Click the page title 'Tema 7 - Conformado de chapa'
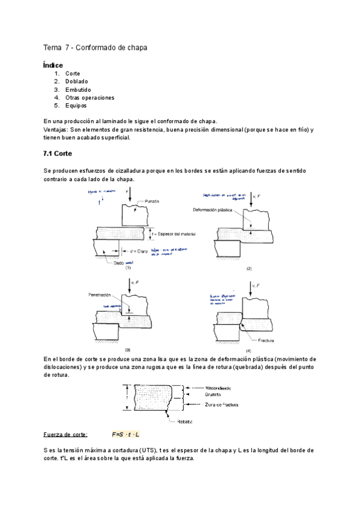tap(95, 47)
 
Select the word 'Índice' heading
tap(53, 64)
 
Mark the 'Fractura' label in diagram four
tap(262, 340)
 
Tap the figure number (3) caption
tap(127, 349)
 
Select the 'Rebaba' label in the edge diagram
tap(184, 421)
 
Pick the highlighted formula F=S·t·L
tap(125, 434)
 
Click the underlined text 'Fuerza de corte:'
tap(65, 434)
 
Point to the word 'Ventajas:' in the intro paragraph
tap(56, 130)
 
